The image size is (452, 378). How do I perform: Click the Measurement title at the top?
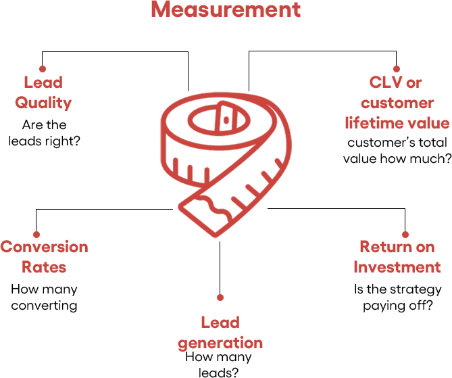pos(226,11)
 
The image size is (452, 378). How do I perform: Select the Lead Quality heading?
pos(43,93)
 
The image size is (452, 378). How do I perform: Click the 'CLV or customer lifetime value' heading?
pos(397,103)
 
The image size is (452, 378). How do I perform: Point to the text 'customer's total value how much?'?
pos(397,151)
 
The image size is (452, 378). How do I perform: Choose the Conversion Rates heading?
pos(44,256)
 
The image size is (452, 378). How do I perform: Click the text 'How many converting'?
pos(44,297)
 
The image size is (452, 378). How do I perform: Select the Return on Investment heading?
pos(397,256)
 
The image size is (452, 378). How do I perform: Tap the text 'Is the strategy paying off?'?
pos(397,297)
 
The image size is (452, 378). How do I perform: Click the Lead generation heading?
pos(220,332)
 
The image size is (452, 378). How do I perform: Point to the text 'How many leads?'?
pos(218,364)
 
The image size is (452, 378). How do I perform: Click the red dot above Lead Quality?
pos(43,68)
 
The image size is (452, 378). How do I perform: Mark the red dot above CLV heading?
pos(397,68)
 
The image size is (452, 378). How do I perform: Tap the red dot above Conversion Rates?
pos(35,233)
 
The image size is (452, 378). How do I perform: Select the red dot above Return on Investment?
pos(405,234)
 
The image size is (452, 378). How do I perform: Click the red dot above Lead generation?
pos(220,297)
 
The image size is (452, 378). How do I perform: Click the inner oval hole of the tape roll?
pos(211,121)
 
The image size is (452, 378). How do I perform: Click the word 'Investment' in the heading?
pos(397,266)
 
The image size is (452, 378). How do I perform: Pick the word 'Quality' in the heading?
pos(43,103)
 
